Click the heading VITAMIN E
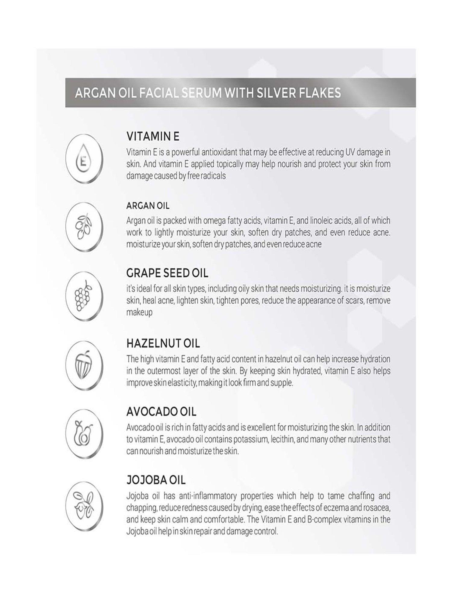(153, 137)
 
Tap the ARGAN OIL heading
(148, 206)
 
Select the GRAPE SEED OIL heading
(167, 273)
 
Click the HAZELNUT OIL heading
(163, 343)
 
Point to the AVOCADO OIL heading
(161, 411)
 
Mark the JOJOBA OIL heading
(156, 480)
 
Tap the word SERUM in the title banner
(202, 93)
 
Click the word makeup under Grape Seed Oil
(139, 312)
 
